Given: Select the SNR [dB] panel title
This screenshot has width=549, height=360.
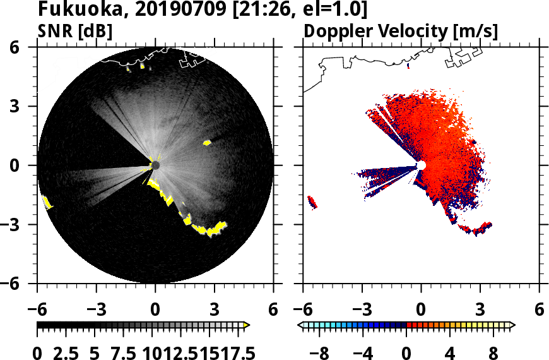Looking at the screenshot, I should (76, 31).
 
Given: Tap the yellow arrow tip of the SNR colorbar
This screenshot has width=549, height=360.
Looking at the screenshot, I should (247, 325).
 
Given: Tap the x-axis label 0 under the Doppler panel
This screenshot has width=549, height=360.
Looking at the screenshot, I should (421, 311).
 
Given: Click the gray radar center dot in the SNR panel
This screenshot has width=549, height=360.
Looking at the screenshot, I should (155, 165).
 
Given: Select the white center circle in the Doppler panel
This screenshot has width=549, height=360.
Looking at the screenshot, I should (421, 165).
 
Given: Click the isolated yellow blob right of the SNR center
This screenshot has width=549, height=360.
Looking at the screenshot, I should (207, 143).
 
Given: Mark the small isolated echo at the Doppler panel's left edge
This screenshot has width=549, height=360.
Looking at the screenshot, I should (311, 202).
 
